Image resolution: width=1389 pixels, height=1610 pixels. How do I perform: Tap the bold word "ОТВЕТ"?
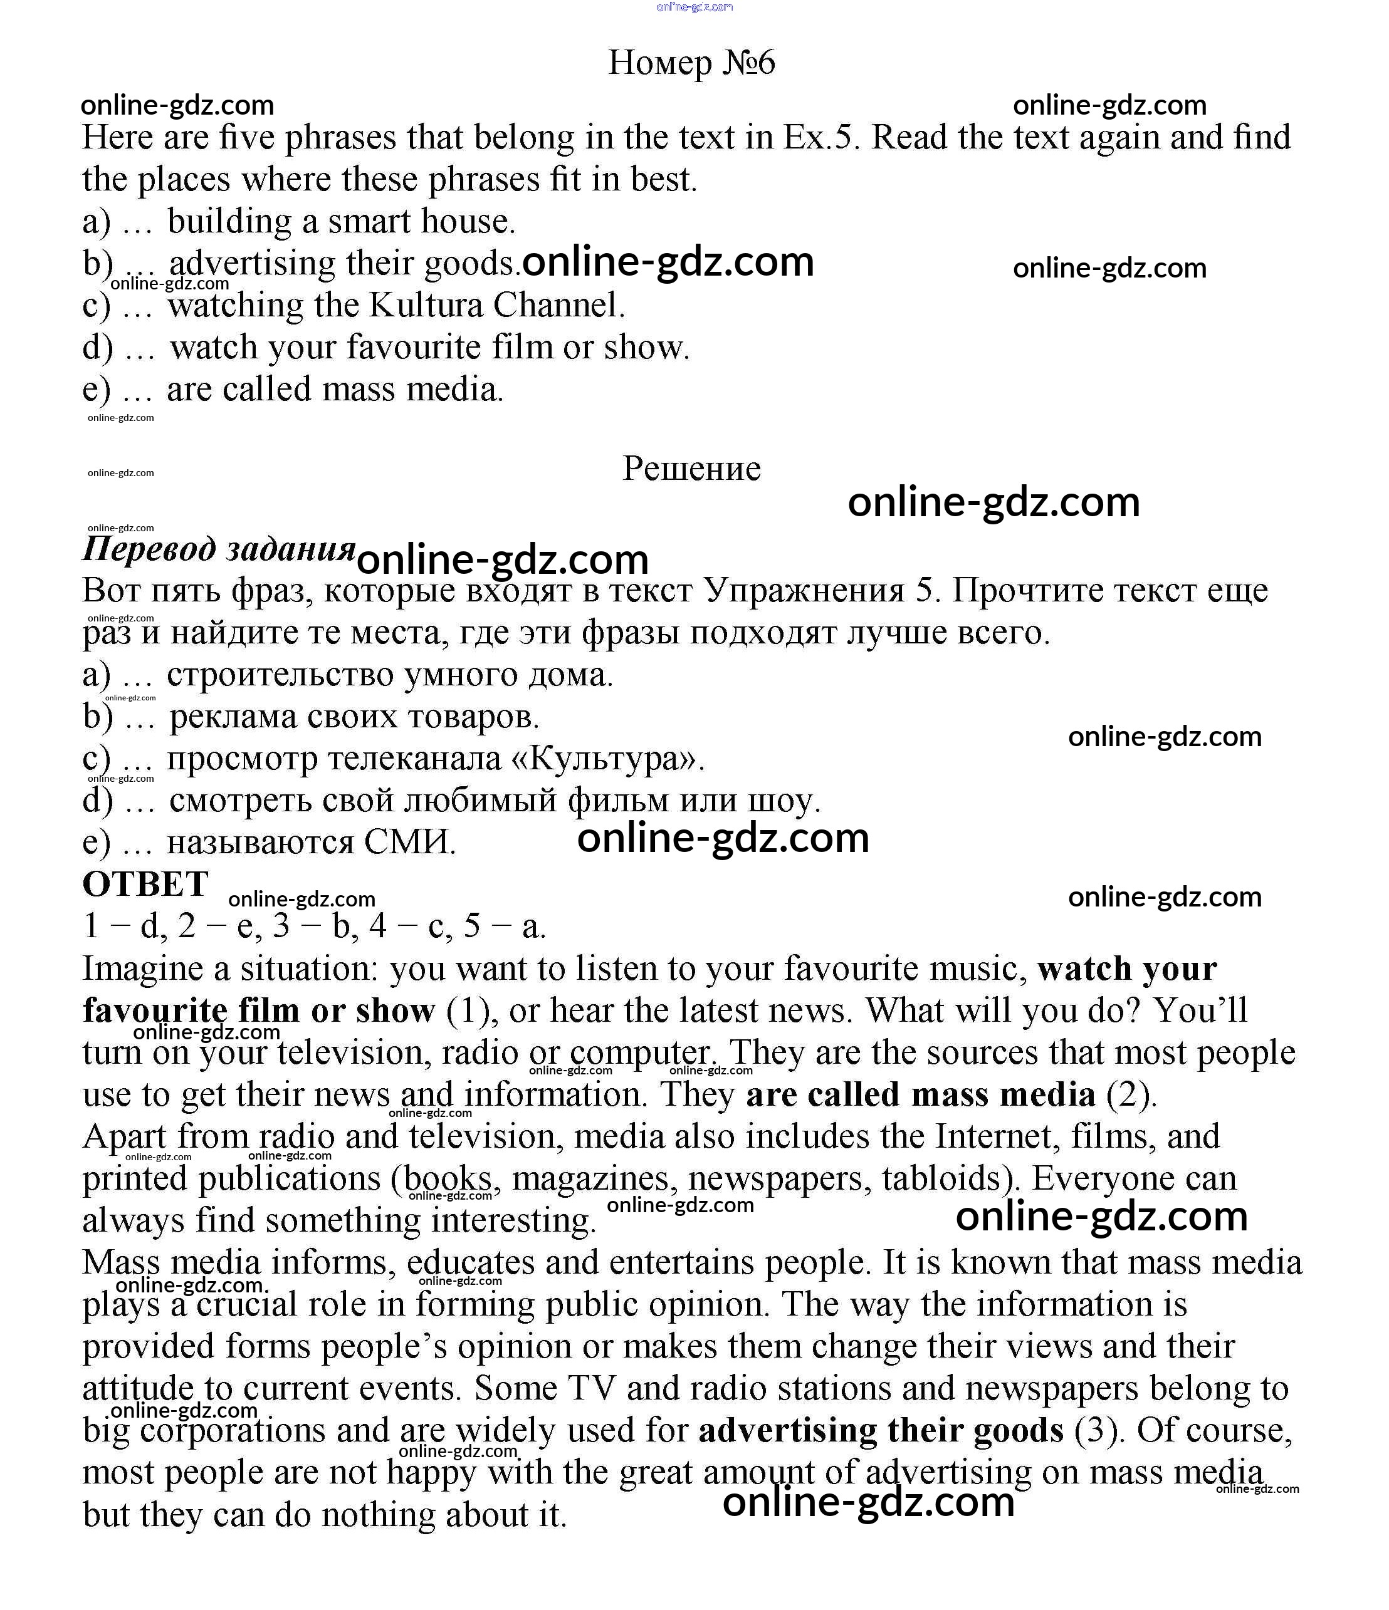coord(145,885)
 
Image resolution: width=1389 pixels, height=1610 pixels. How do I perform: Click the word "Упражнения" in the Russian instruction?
coord(804,591)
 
